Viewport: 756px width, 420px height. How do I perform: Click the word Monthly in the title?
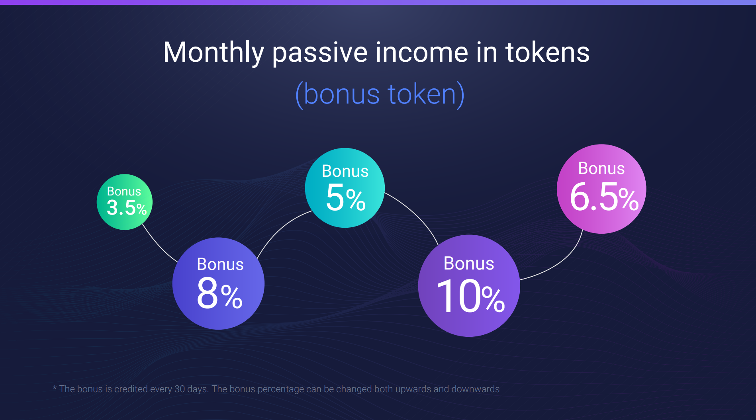214,53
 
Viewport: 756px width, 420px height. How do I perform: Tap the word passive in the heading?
320,54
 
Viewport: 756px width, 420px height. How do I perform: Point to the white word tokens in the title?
547,53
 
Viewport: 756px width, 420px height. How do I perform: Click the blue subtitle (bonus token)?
380,94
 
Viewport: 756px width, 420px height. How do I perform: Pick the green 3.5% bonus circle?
125,202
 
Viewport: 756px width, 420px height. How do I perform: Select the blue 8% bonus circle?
218,283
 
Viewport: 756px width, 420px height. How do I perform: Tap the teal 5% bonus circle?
345,188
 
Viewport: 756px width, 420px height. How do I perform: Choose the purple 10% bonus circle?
469,285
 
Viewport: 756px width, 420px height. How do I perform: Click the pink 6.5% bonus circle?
601,189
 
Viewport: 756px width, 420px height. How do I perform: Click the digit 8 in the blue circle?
207,293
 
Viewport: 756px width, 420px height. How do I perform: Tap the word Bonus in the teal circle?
345,171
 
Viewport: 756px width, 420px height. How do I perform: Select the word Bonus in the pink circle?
601,168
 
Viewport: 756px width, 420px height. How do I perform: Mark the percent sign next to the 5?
356,200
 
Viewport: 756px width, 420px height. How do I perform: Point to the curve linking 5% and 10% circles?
416,213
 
